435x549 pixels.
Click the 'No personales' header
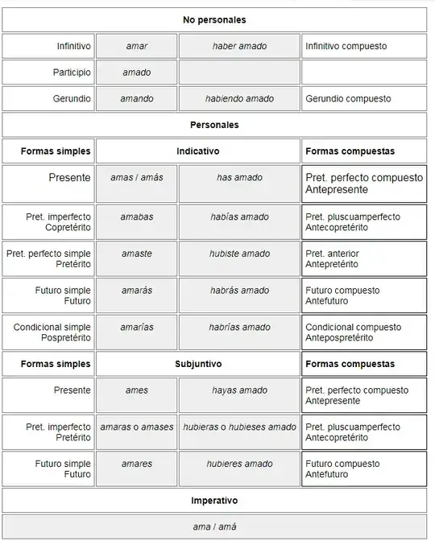click(x=214, y=19)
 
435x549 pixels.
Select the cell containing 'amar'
click(x=137, y=46)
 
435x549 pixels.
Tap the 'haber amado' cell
click(x=240, y=46)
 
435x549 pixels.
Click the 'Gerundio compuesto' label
click(x=348, y=98)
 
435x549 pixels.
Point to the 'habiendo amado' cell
click(x=240, y=98)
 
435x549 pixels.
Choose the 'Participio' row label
click(x=72, y=72)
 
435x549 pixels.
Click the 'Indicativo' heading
click(x=198, y=151)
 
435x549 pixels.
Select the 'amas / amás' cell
click(x=137, y=177)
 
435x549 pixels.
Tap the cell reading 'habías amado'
click(x=240, y=217)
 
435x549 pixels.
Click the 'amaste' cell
click(x=137, y=254)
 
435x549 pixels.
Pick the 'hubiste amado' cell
click(x=240, y=254)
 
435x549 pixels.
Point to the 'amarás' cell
click(x=137, y=290)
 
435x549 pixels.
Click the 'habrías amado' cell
click(x=240, y=327)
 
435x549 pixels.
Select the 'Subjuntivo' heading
click(x=198, y=364)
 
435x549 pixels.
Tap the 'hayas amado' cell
click(x=240, y=390)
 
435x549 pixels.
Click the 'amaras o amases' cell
click(x=137, y=427)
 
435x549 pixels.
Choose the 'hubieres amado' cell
click(x=240, y=464)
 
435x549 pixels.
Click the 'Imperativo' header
click(x=214, y=501)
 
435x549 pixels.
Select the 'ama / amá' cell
click(x=214, y=527)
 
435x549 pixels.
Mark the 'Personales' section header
click(x=214, y=125)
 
